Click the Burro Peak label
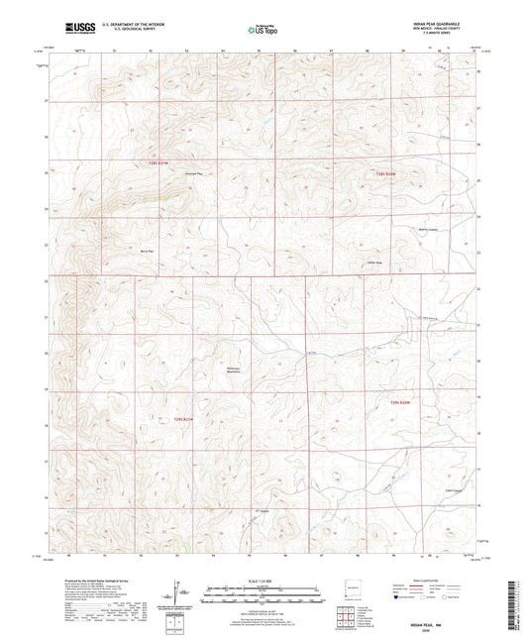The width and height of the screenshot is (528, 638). point(148,253)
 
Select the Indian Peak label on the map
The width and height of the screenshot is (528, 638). point(374,263)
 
